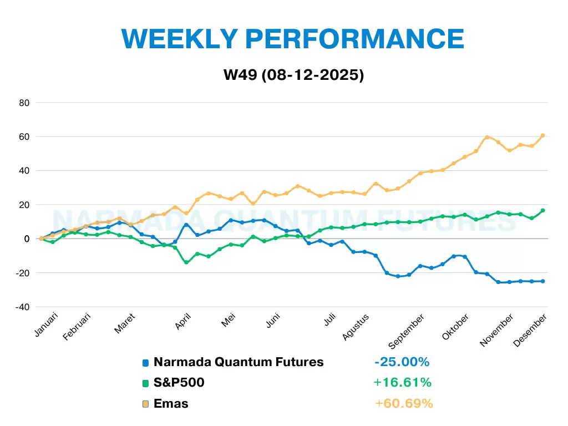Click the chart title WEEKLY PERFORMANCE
(293, 39)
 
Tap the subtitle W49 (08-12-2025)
(294, 75)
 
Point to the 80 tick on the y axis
(24, 103)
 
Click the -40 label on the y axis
(22, 307)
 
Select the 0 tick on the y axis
(27, 239)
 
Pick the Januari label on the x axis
(46, 324)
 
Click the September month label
(406, 332)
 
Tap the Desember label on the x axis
(530, 331)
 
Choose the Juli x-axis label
(329, 319)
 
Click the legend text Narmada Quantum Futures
(239, 362)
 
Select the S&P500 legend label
(179, 383)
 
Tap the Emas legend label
(171, 404)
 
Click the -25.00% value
(402, 362)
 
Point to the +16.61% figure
(403, 383)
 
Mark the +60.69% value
(404, 404)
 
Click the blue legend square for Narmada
(146, 363)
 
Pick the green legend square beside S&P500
(146, 383)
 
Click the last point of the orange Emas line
(542, 135)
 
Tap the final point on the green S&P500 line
(542, 210)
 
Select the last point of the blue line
(542, 281)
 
